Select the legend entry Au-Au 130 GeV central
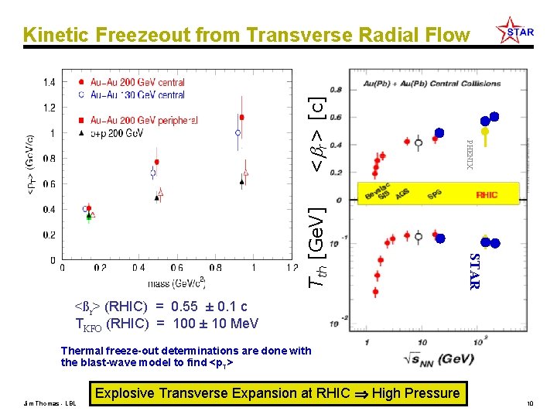pos(138,95)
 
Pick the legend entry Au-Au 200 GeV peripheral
pos(144,121)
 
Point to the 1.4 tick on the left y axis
pos(48,81)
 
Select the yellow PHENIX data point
pos(484,132)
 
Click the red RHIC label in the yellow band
pos(487,196)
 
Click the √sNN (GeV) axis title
pos(438,357)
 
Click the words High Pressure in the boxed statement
pos(415,393)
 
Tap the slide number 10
pos(530,403)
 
